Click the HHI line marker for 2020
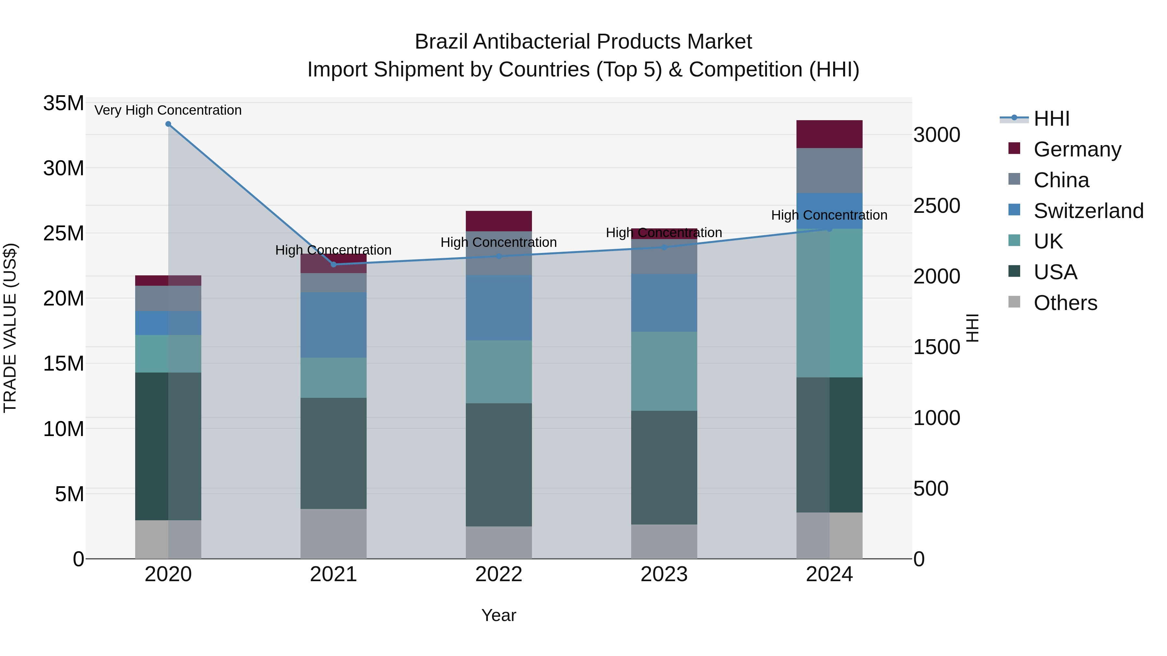pyautogui.click(x=168, y=124)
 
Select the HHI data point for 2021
pyautogui.click(x=334, y=264)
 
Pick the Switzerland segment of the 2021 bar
pyautogui.click(x=334, y=325)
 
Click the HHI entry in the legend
pyautogui.click(x=1051, y=119)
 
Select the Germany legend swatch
pyautogui.click(x=1014, y=148)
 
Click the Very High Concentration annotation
pyautogui.click(x=168, y=110)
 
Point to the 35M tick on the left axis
pyautogui.click(x=64, y=103)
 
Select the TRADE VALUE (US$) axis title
pyautogui.click(x=10, y=328)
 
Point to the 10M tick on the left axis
pyautogui.click(x=64, y=429)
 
